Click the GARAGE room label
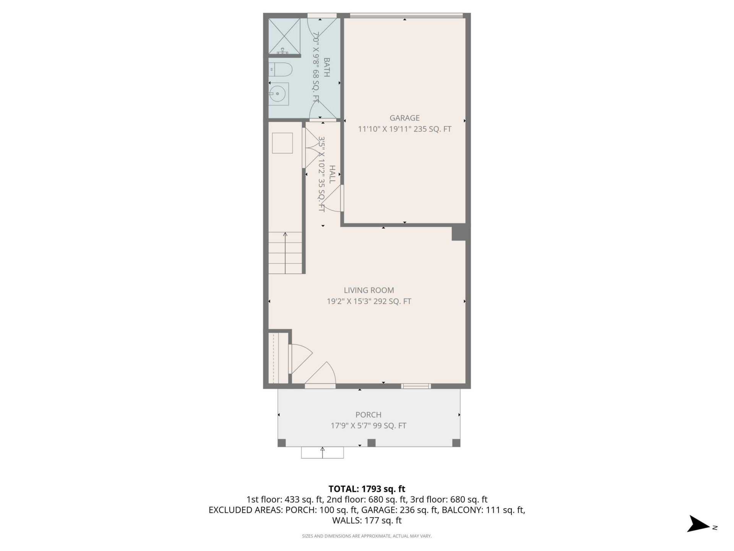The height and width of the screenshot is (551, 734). pos(404,118)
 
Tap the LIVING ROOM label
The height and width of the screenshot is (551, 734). pos(369,290)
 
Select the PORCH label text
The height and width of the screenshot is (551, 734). pos(368,415)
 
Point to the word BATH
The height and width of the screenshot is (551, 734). pos(326,67)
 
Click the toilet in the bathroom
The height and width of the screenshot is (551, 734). pos(281,69)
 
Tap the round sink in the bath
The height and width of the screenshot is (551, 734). pos(276,93)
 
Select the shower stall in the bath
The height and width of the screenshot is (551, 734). pos(284,36)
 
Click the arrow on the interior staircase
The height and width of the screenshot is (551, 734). pos(285,253)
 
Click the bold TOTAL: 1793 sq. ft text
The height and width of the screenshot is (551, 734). pos(367,489)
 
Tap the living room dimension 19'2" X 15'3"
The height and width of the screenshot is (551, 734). pos(349,302)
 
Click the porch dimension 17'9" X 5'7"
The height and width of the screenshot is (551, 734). pos(350,425)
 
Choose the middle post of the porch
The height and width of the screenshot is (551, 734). pos(371,443)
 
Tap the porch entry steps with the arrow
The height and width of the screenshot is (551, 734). pos(322,452)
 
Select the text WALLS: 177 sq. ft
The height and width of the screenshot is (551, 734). pos(367,520)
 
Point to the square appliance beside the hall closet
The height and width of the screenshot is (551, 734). pos(282,143)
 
